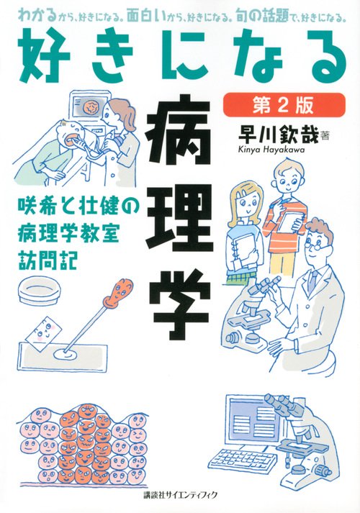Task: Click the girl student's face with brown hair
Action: pyautogui.click(x=243, y=195)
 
